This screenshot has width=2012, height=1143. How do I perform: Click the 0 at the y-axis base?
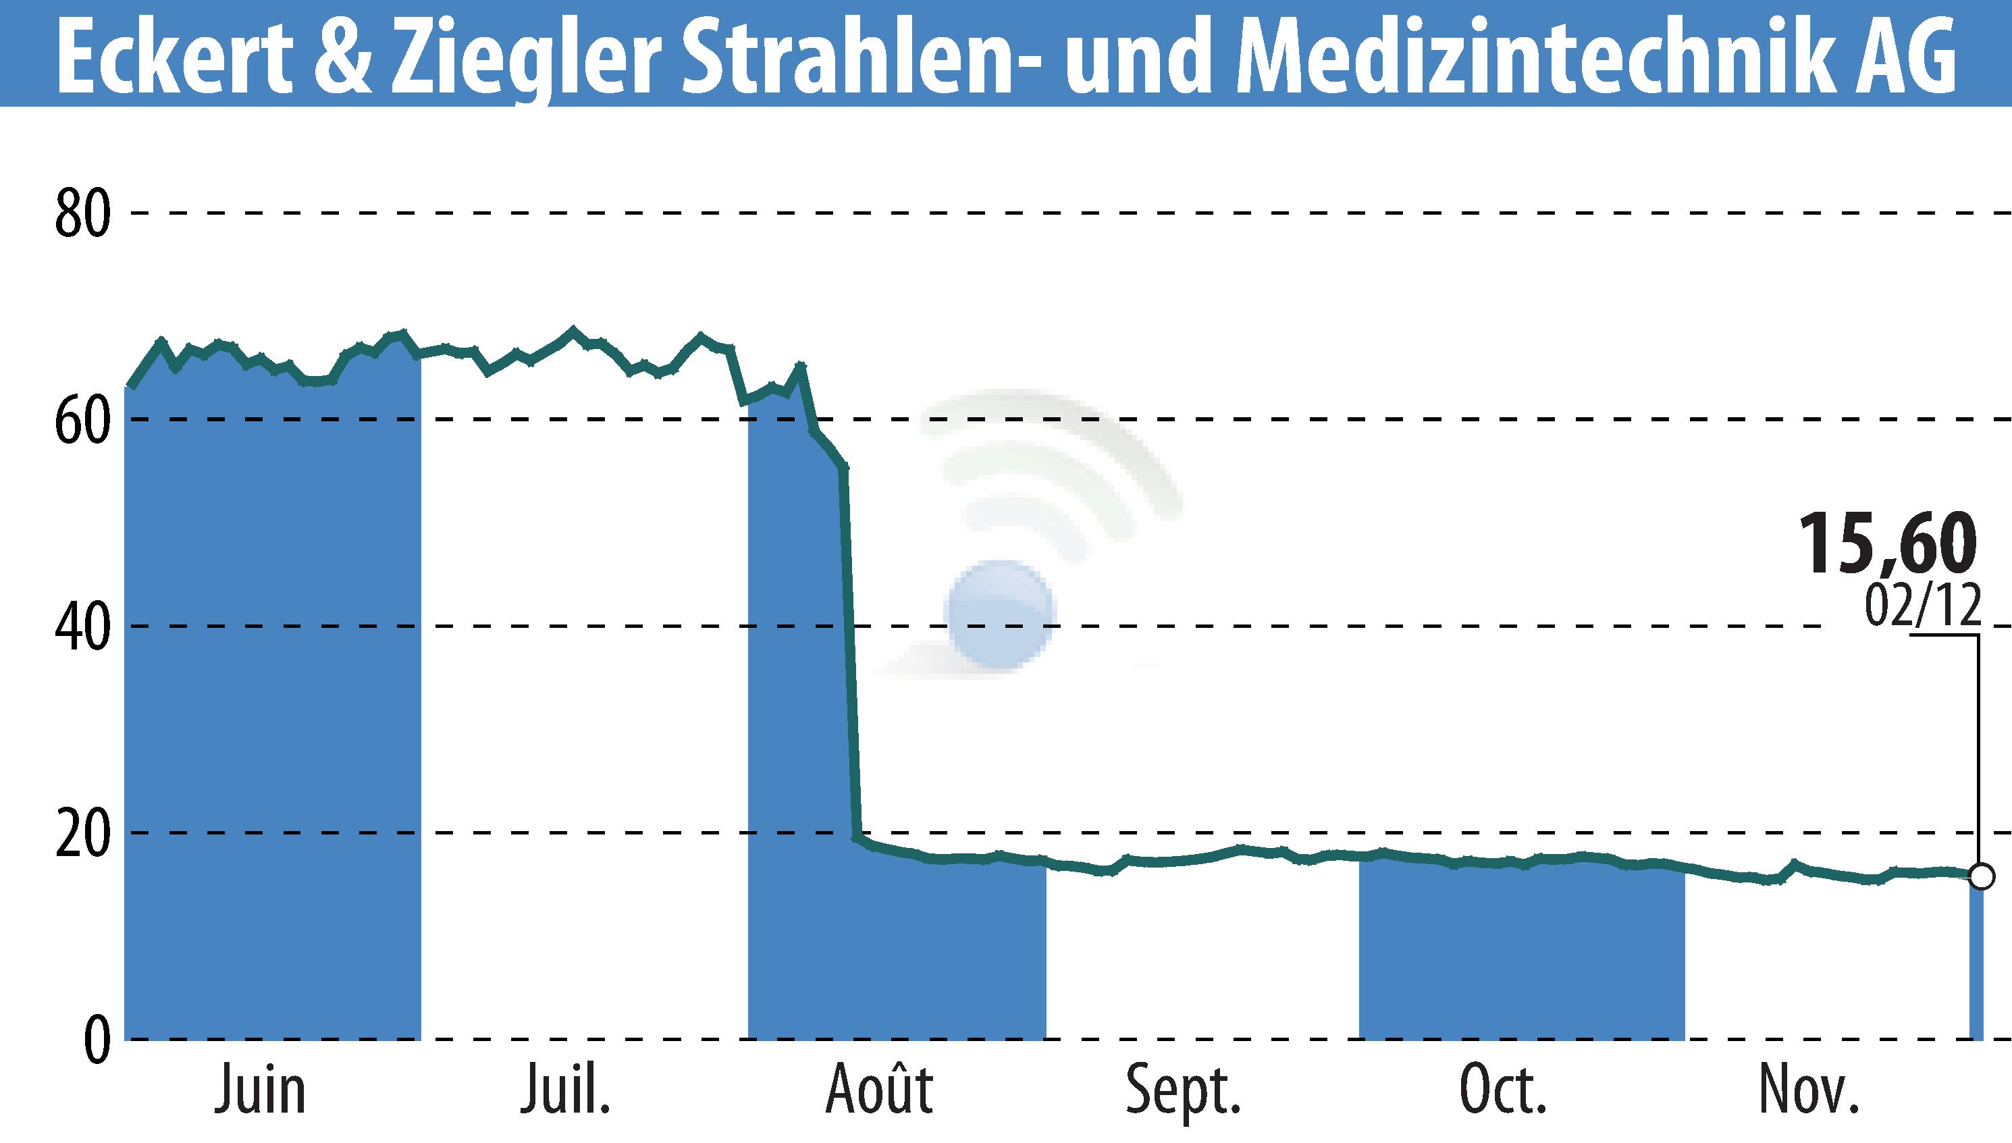pyautogui.click(x=96, y=1041)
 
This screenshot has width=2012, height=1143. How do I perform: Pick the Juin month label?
pyautogui.click(x=260, y=1090)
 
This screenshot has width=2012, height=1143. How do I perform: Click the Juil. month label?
pyautogui.click(x=565, y=1090)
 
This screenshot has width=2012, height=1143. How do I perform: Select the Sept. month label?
pyautogui.click(x=1183, y=1090)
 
